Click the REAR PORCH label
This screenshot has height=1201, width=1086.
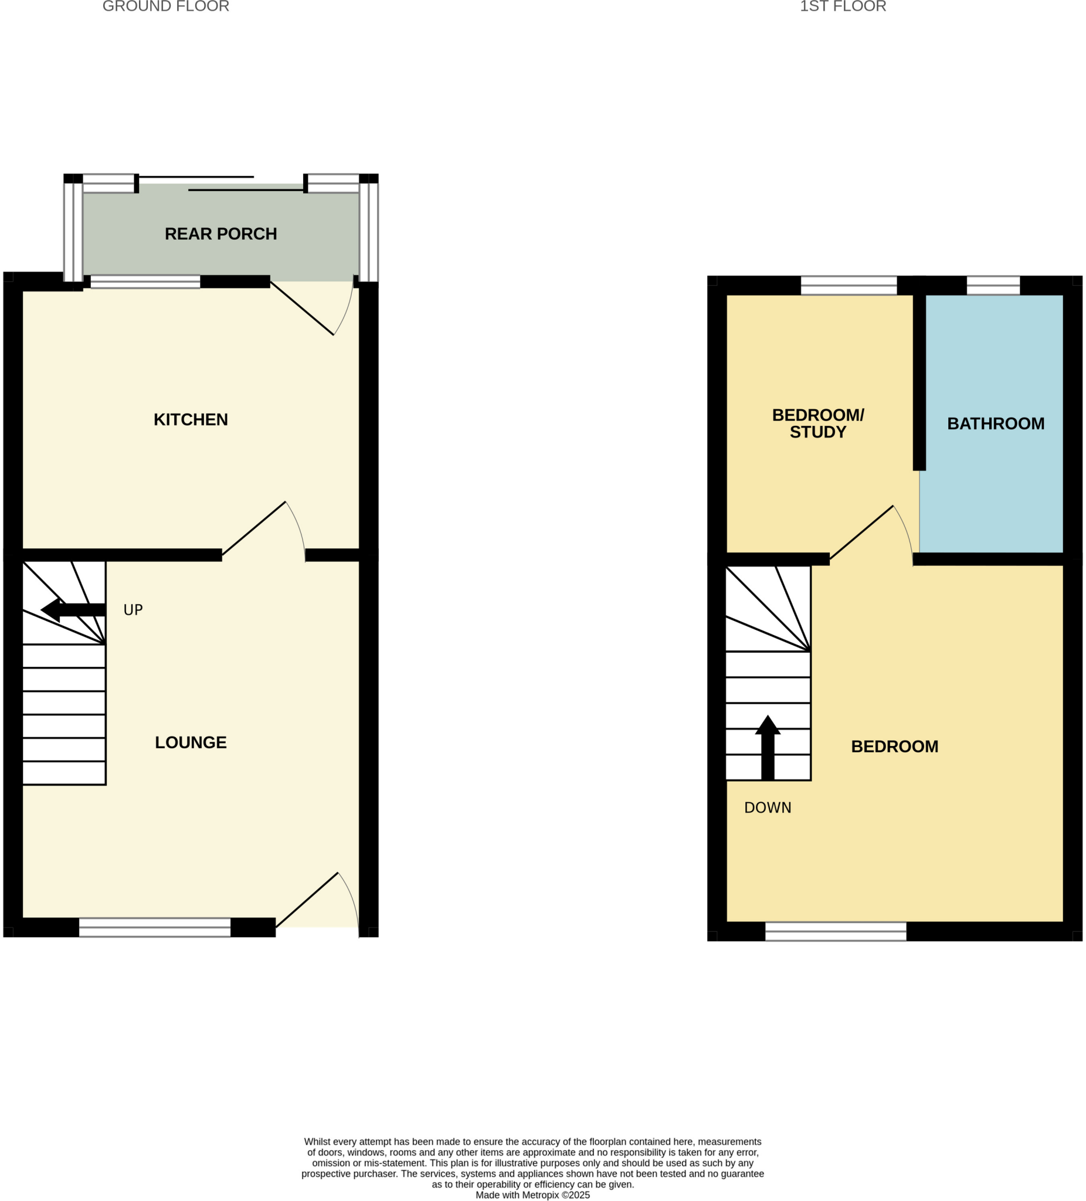(x=220, y=233)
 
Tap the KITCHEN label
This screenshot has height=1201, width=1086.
(x=191, y=419)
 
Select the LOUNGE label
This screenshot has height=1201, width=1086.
(x=191, y=742)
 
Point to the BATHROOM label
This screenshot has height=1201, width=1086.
(x=996, y=423)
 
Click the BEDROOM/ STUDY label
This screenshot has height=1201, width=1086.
(x=817, y=423)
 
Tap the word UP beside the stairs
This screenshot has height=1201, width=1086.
(x=133, y=609)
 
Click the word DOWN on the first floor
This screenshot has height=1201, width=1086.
(x=767, y=808)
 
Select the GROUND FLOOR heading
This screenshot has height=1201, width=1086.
(x=165, y=6)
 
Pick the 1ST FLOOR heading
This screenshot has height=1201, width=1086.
(x=842, y=6)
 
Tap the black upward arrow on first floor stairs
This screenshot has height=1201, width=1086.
(x=767, y=747)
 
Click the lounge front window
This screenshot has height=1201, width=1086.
(x=154, y=927)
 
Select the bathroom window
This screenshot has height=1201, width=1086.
(x=993, y=286)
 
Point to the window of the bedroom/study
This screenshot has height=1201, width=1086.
(x=849, y=286)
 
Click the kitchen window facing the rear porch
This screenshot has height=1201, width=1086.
(x=145, y=281)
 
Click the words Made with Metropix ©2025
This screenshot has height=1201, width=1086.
(x=532, y=1195)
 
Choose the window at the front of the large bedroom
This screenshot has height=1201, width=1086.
(x=835, y=931)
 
